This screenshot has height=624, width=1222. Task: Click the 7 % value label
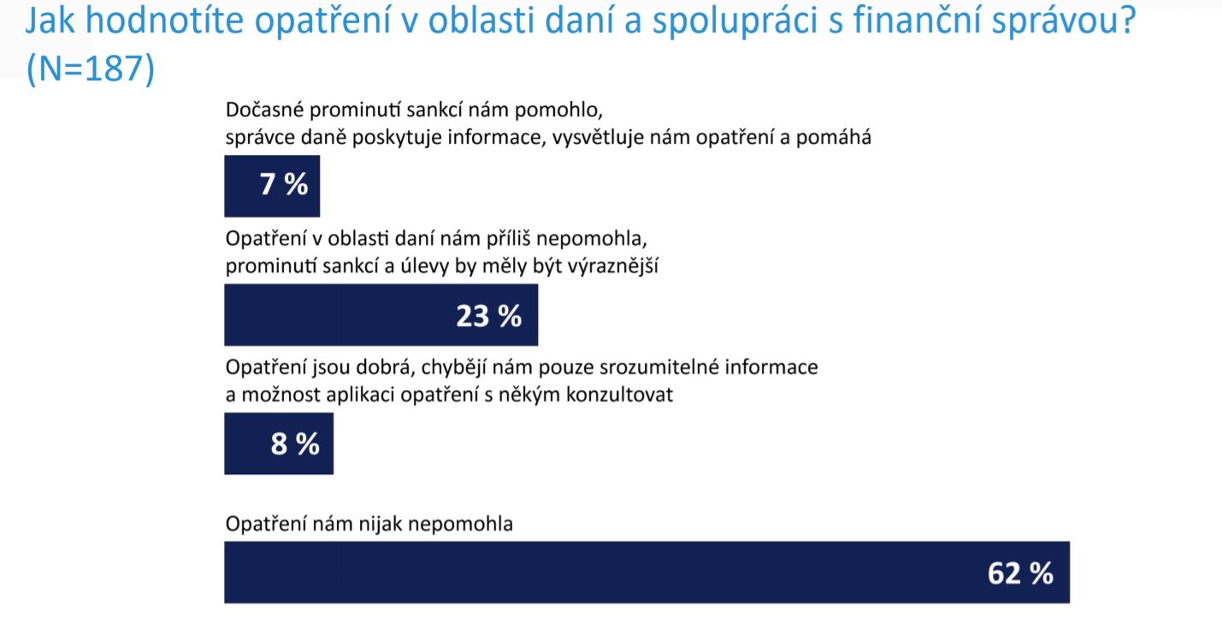(x=284, y=184)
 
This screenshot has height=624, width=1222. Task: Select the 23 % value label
(x=489, y=316)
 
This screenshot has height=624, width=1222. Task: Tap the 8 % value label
(x=295, y=444)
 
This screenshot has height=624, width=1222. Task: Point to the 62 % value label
(x=1020, y=573)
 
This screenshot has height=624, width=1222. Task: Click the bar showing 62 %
(x=647, y=572)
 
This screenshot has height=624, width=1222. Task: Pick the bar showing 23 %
(x=381, y=314)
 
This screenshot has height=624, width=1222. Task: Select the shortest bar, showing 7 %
(x=272, y=186)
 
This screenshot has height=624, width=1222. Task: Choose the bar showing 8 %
(x=279, y=443)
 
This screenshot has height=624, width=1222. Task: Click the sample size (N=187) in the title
(x=91, y=68)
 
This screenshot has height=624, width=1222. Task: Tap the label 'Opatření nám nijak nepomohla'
(x=369, y=524)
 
